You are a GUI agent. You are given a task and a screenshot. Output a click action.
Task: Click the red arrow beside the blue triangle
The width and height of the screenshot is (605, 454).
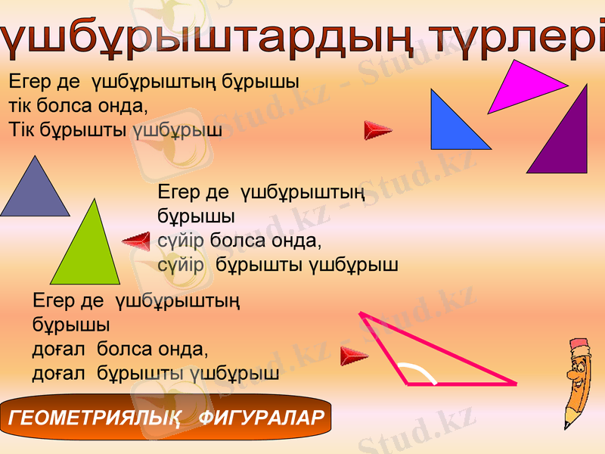coord(377,130)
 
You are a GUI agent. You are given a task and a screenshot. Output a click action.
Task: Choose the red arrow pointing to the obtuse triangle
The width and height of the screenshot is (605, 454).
coord(354,354)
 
